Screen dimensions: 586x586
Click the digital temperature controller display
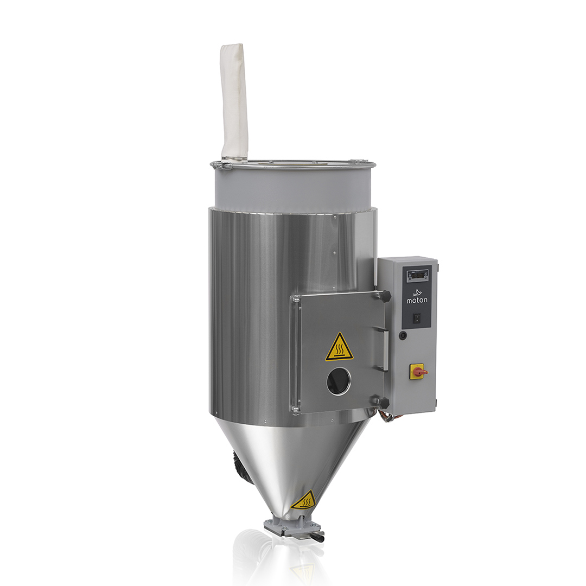[418, 275]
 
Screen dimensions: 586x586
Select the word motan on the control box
[417, 300]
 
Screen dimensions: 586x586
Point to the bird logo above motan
[417, 292]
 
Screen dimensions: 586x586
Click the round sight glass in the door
[339, 381]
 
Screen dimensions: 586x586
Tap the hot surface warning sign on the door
[339, 348]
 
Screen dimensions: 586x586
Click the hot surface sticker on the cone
[304, 500]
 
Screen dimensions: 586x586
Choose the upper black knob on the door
[385, 296]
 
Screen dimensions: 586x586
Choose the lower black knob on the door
[384, 403]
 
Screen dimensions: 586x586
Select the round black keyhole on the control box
[402, 336]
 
